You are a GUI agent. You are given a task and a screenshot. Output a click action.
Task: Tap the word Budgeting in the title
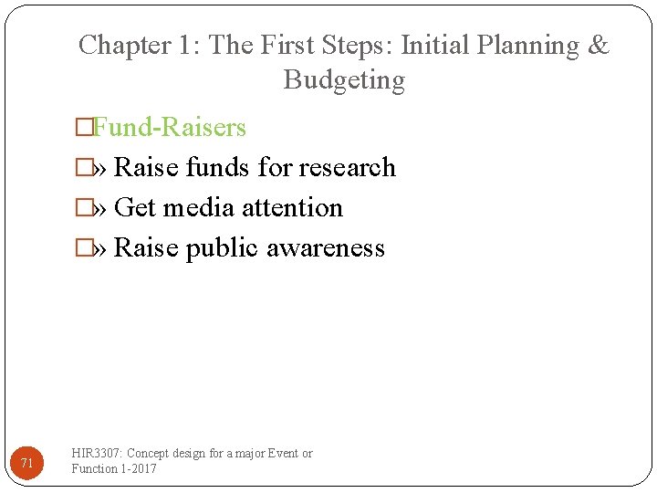point(344,80)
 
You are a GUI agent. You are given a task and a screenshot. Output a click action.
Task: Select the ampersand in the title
point(599,45)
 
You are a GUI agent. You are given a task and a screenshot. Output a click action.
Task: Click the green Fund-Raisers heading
point(169,127)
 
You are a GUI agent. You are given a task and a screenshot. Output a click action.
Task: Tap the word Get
point(135,207)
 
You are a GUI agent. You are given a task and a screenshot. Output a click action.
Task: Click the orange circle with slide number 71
point(26,463)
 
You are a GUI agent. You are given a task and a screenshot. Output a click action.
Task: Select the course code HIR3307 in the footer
point(98,454)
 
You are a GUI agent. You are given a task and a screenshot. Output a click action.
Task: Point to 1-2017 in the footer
point(138,468)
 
